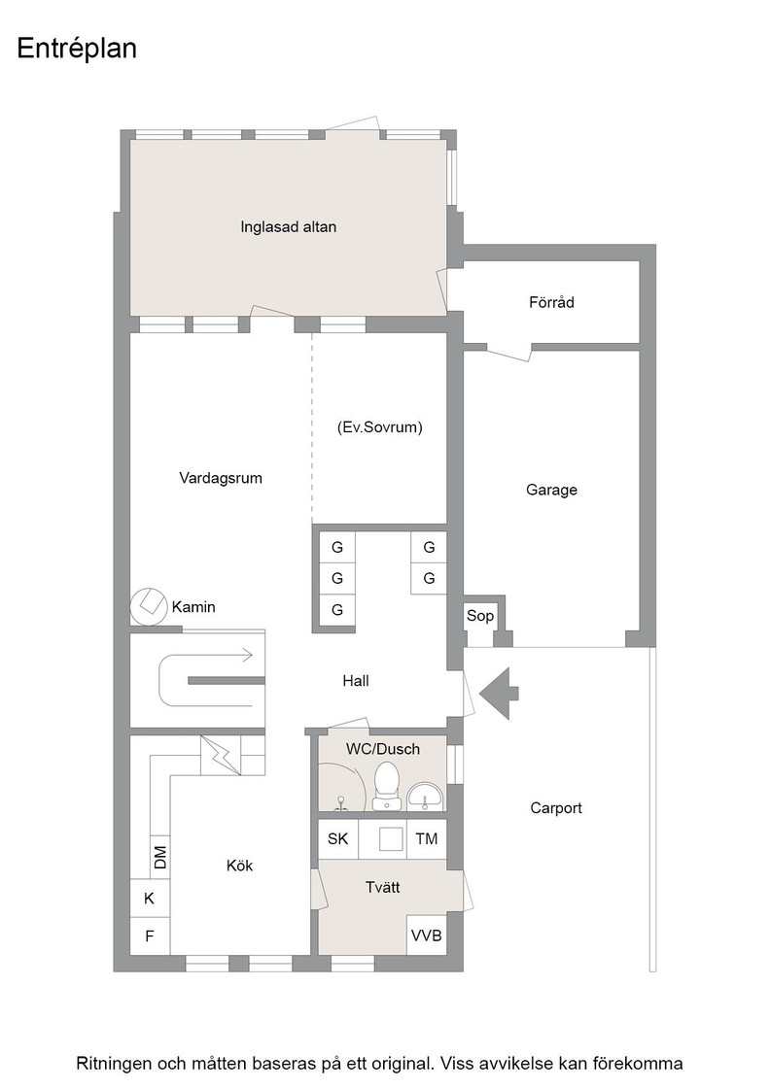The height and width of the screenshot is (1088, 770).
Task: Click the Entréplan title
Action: [x=77, y=50]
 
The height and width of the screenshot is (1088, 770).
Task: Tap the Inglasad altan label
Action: [x=288, y=227]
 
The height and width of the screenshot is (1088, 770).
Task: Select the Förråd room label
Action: [x=551, y=302]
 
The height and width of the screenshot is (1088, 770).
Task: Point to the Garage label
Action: [x=551, y=490]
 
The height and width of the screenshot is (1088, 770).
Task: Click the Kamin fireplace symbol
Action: [x=148, y=606]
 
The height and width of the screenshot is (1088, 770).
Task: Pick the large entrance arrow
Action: [x=499, y=693]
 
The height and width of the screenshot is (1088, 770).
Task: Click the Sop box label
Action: [x=479, y=616]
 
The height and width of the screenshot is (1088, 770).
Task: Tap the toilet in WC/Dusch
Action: [x=386, y=786]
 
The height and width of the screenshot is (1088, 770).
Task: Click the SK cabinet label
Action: [x=337, y=839]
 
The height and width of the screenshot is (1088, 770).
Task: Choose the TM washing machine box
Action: [x=426, y=839]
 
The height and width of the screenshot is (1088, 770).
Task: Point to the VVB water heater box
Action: [x=426, y=935]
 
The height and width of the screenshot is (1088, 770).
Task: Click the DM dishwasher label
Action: [x=160, y=858]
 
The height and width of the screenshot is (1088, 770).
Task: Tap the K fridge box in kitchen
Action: [x=150, y=899]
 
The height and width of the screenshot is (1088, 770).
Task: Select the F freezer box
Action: [x=150, y=936]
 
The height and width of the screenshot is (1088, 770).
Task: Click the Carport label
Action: [x=556, y=807]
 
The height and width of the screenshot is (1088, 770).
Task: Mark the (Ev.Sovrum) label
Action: [x=379, y=427]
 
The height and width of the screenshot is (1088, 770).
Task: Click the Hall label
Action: [x=356, y=681]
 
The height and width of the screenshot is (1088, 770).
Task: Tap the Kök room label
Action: [x=239, y=866]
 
